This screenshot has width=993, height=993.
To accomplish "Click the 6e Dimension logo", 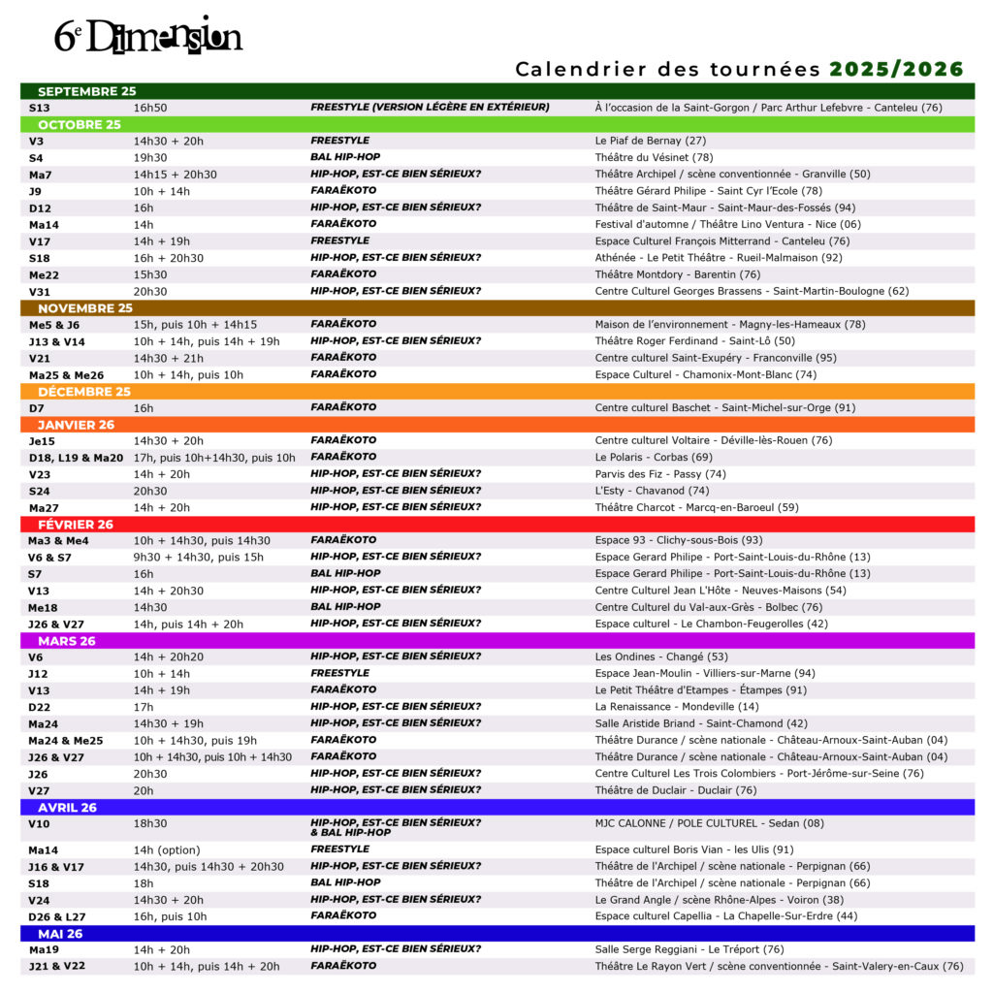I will pyautogui.click(x=147, y=36).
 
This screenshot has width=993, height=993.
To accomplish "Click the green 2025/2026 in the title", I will pyautogui.click(x=896, y=69).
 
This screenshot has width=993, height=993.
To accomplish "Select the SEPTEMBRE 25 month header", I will pyautogui.click(x=87, y=91).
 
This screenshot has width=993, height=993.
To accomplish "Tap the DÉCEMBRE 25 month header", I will pyautogui.click(x=83, y=392).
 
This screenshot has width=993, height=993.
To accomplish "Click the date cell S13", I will pyautogui.click(x=40, y=108).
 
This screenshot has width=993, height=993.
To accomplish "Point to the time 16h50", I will pyautogui.click(x=150, y=108).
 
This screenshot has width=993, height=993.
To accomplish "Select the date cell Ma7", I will pyautogui.click(x=41, y=175).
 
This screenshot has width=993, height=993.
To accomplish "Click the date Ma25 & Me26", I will pyautogui.click(x=66, y=374).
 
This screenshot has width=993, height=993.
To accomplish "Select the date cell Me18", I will pyautogui.click(x=42, y=607).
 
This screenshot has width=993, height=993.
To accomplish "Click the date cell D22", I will pyautogui.click(x=39, y=707).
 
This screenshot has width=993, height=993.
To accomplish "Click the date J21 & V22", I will pyautogui.click(x=57, y=966).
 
